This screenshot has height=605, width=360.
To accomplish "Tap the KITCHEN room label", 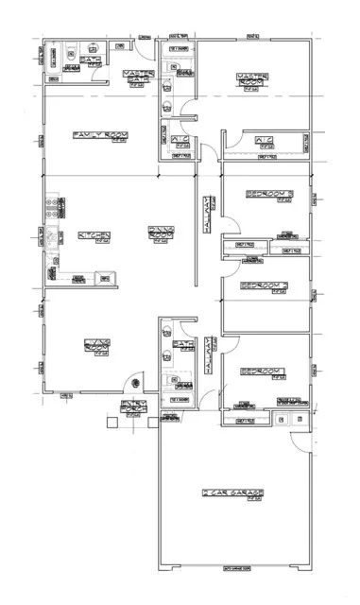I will tap(94, 236).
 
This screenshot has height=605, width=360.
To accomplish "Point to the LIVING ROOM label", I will tap(98, 345).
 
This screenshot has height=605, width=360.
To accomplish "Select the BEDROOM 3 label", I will tap(270, 194).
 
